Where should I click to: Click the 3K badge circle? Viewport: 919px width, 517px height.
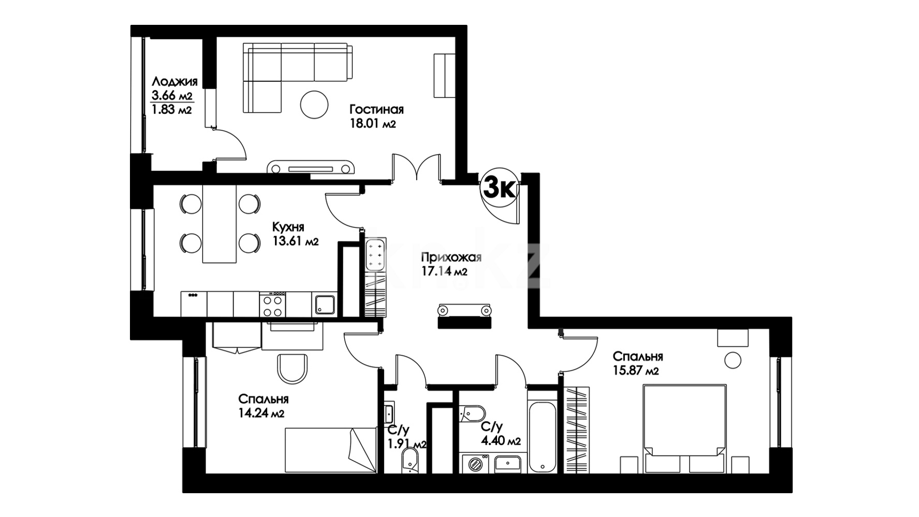499,190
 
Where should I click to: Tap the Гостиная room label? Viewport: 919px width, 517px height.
376,110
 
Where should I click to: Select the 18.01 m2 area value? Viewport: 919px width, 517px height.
373,124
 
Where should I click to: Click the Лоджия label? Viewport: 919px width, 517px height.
174,82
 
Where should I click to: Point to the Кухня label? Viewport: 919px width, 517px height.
288,227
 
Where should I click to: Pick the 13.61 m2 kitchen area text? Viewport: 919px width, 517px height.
296,241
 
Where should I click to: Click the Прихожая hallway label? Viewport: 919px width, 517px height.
451,257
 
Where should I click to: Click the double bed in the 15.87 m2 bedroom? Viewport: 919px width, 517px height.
684,428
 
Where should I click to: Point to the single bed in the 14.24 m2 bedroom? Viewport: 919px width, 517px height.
330,450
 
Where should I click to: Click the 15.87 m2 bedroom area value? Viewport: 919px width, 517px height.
636,371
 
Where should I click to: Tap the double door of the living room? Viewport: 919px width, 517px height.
417,167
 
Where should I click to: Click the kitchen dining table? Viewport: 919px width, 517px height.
220,224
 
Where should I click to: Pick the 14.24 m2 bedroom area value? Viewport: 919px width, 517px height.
261,413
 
